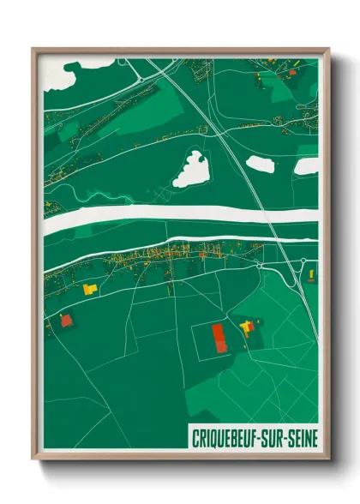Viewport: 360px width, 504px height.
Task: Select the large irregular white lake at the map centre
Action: tap(190, 169)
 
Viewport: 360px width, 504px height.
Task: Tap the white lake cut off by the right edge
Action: tap(306, 166)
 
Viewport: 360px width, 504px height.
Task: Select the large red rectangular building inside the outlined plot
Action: tap(220, 337)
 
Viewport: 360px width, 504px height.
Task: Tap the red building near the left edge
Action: tap(66, 320)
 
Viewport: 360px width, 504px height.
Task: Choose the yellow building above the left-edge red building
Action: tap(87, 290)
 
